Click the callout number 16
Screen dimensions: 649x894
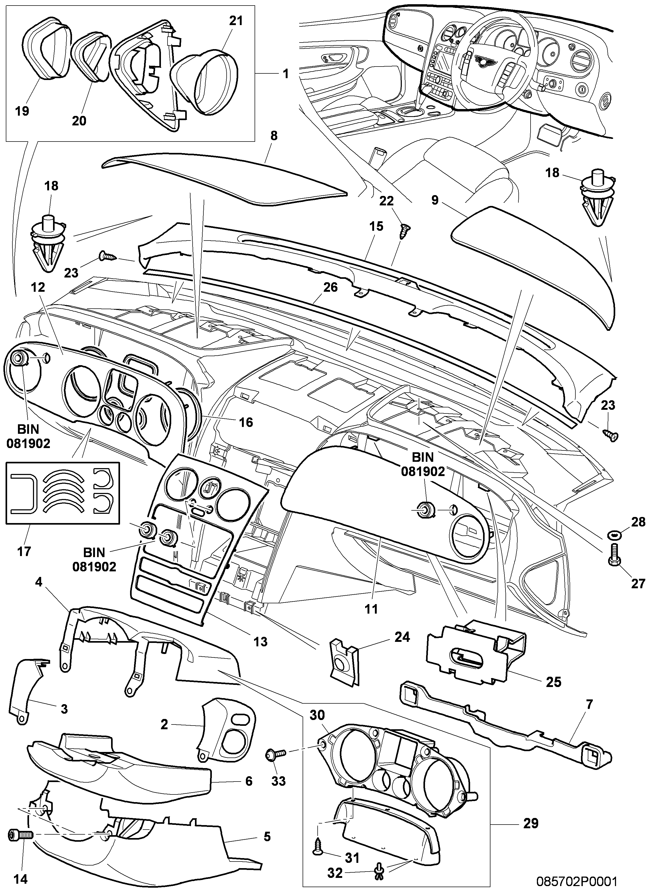[x=246, y=422]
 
